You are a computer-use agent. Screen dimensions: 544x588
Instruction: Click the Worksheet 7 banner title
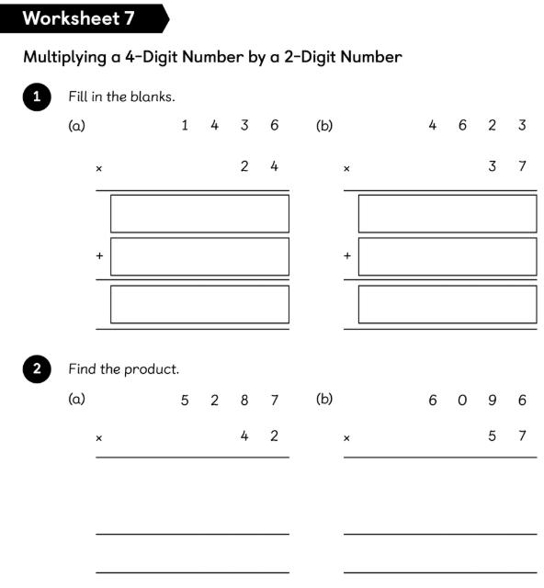(x=78, y=18)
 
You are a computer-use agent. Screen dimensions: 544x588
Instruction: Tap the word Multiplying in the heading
(x=65, y=58)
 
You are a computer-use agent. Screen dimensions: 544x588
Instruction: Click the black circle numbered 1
(x=37, y=96)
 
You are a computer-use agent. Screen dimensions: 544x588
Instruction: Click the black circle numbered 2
(x=37, y=369)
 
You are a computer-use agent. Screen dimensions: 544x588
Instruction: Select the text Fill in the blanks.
(x=121, y=96)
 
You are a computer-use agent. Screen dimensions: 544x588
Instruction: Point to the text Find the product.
(x=124, y=369)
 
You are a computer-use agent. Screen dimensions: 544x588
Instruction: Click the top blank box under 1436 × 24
(x=199, y=214)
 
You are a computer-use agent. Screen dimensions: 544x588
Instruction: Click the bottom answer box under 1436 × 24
(x=199, y=304)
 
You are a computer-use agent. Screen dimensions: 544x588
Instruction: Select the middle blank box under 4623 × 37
(x=448, y=256)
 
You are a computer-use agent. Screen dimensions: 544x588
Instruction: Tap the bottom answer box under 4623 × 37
(x=448, y=304)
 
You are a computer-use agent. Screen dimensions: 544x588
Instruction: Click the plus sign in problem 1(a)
(x=99, y=255)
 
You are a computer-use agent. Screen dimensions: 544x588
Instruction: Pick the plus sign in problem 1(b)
(x=347, y=255)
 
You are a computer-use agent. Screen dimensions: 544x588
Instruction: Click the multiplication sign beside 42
(x=99, y=438)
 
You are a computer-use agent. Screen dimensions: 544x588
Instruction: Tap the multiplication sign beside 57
(x=346, y=438)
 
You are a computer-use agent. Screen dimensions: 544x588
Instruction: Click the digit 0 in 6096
(x=462, y=401)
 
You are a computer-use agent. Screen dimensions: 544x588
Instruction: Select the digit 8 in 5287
(x=244, y=401)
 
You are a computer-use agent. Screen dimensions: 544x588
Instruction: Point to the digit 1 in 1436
(x=185, y=125)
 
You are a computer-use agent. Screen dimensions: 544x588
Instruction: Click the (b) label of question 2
(x=324, y=399)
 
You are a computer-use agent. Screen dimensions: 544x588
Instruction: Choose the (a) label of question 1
(x=77, y=126)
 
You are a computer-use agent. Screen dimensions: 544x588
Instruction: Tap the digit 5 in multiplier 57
(x=492, y=435)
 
